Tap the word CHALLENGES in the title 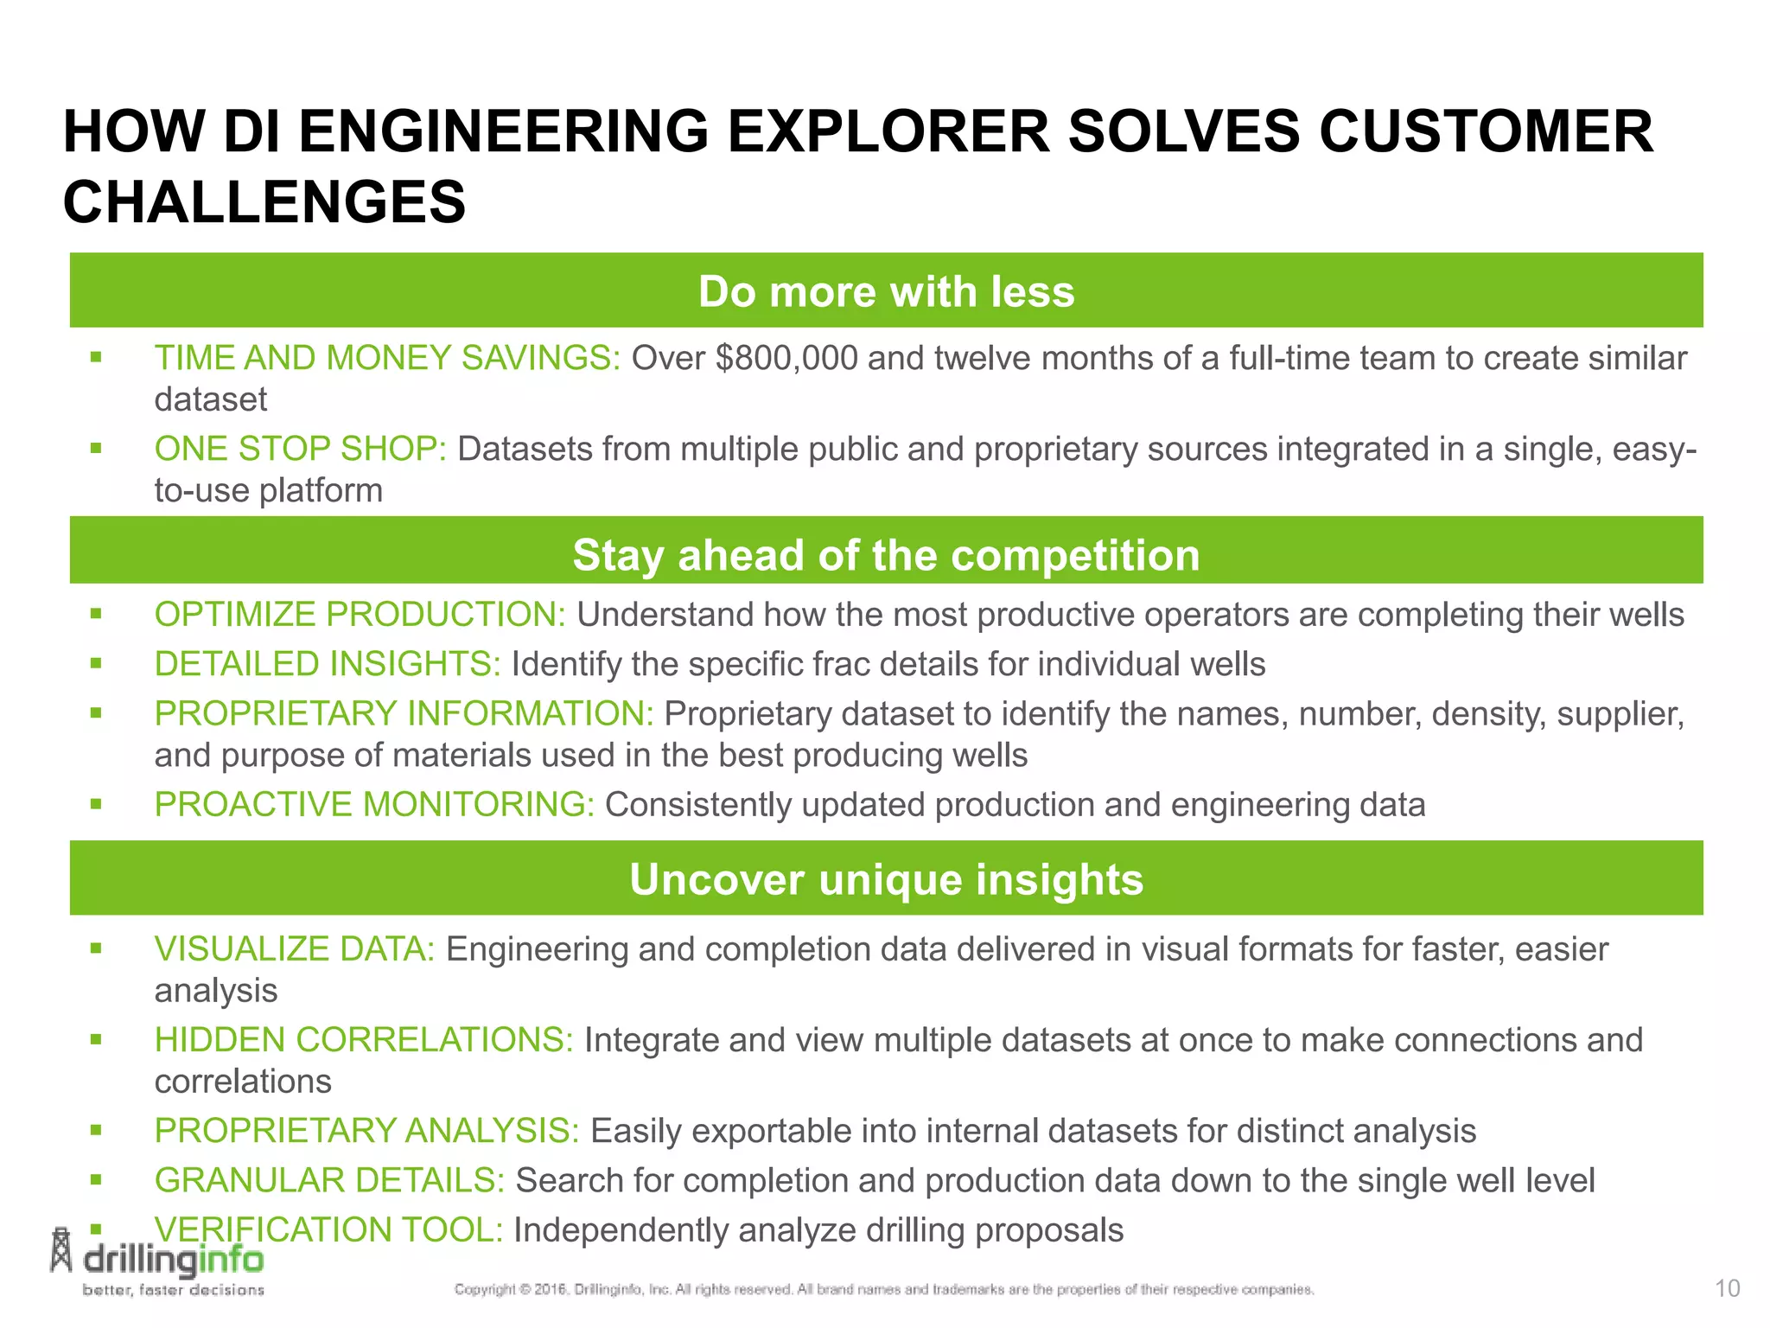click(264, 202)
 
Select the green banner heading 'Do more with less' click(886, 291)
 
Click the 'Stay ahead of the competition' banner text click(886, 555)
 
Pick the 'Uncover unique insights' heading click(886, 879)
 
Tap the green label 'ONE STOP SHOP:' click(300, 449)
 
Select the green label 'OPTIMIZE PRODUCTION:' click(360, 615)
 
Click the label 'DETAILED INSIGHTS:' click(327, 664)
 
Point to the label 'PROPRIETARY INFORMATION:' click(404, 714)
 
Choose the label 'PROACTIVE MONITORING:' click(374, 805)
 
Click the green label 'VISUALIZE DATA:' click(294, 949)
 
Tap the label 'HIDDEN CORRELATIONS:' click(363, 1040)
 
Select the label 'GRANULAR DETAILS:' click(328, 1181)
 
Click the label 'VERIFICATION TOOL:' click(328, 1230)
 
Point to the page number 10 click(1727, 1289)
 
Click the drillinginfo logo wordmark click(173, 1261)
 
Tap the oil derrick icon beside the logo click(60, 1251)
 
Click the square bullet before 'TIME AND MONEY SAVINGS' click(96, 357)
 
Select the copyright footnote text click(883, 1289)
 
